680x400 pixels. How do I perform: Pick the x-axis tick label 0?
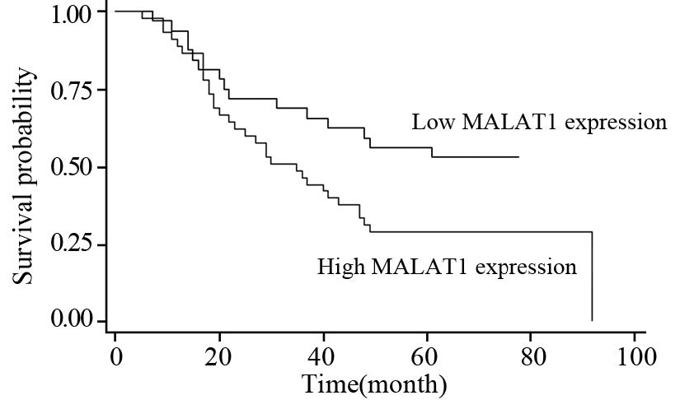(x=115, y=359)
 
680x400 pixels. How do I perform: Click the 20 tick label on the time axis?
(x=219, y=359)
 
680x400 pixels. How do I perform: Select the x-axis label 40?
(x=323, y=359)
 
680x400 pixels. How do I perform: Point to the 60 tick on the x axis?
(x=427, y=359)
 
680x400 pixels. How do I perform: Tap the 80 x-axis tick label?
(x=531, y=359)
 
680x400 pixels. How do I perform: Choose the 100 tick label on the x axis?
(x=635, y=359)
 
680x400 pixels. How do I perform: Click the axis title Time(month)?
(x=374, y=384)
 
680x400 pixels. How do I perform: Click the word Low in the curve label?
(x=430, y=123)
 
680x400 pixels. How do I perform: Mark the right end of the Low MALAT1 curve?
(x=518, y=156)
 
